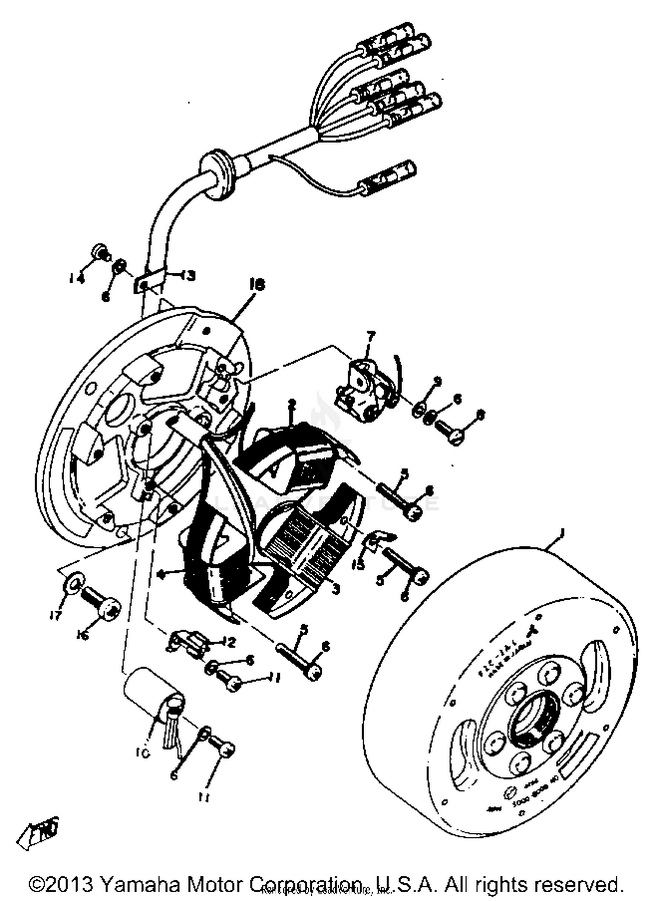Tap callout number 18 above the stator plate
pyautogui.click(x=257, y=285)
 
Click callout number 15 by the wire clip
pyautogui.click(x=359, y=565)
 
